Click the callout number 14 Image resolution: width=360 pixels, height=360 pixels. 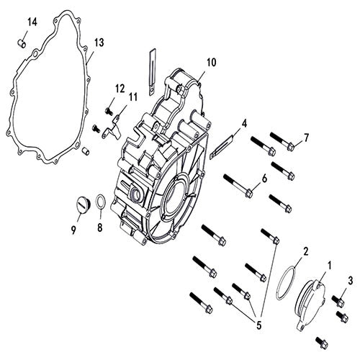(31, 22)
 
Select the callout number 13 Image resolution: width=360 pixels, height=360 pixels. (99, 43)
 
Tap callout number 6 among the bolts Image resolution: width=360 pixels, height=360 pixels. (264, 179)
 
